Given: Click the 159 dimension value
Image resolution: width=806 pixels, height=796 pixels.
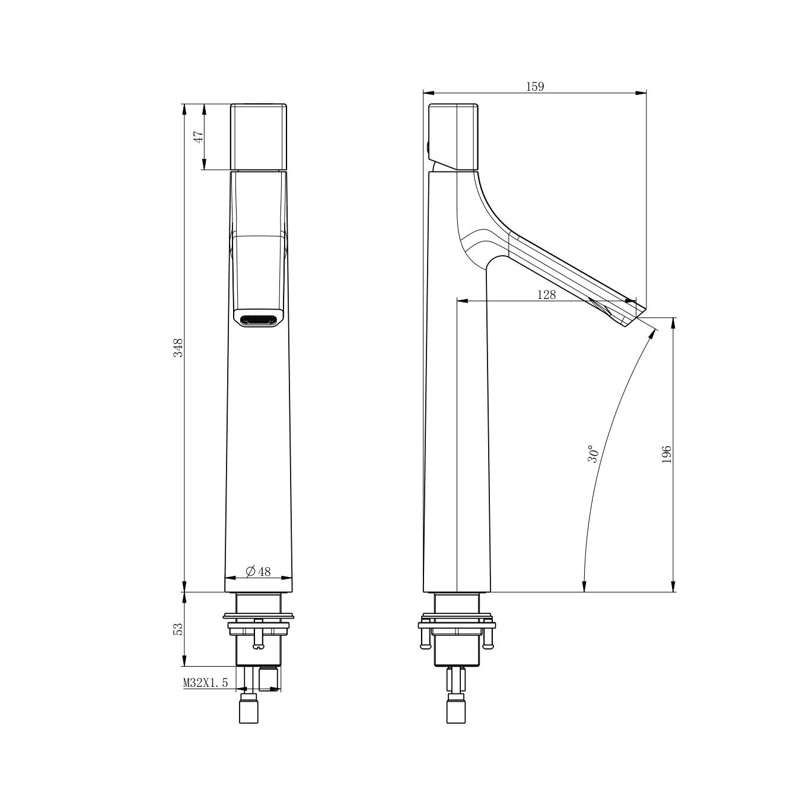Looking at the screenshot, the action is [535, 87].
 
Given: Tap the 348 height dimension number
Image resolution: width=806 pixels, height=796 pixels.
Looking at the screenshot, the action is [179, 348].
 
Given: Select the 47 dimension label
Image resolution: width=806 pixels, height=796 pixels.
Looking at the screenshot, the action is [198, 137].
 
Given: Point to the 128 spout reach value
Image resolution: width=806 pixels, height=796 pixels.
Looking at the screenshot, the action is [546, 295].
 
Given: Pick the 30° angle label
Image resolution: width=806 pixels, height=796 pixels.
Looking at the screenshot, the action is [593, 454].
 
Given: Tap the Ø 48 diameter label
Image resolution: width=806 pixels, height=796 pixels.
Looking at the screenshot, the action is [258, 571].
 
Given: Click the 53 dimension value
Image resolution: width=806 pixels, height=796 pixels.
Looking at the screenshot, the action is [179, 629].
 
